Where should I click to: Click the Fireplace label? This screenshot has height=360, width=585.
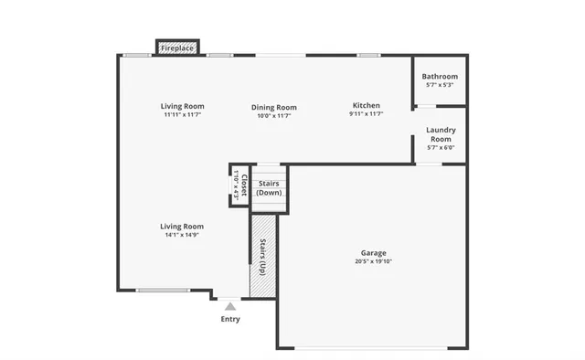[176, 48]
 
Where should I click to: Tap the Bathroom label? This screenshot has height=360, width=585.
[441, 77]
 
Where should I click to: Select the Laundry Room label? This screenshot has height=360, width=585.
[441, 134]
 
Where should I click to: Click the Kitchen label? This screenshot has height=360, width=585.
[366, 106]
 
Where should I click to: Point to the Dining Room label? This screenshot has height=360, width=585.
[274, 107]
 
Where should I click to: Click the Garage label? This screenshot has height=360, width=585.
[373, 252]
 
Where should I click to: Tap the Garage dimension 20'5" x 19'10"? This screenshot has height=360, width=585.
[373, 261]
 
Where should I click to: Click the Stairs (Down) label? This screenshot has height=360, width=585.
[269, 188]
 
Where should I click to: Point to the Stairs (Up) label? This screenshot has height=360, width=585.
[263, 257]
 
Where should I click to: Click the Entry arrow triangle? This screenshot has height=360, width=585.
[230, 306]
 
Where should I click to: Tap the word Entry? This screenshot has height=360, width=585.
[230, 319]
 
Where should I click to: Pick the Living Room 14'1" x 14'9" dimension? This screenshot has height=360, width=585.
[182, 235]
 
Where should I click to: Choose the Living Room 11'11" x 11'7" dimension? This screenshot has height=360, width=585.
[182, 115]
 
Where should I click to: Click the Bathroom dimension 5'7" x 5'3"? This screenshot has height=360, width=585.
[441, 85]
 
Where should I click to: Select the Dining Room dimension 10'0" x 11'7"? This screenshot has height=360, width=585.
[274, 116]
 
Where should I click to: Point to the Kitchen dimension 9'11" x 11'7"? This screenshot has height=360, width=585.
[366, 114]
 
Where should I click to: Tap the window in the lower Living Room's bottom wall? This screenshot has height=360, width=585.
[164, 291]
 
